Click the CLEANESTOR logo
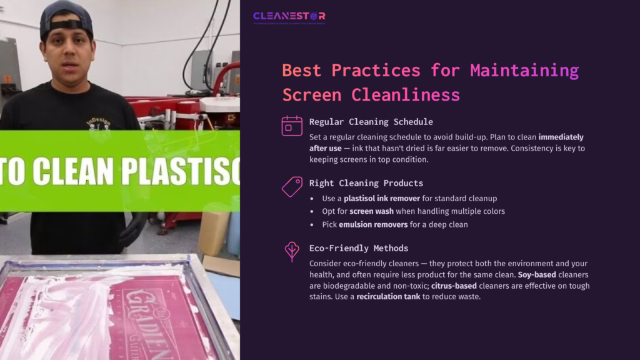coord(289,17)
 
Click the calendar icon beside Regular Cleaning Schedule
coord(291,126)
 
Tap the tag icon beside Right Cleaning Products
coord(291,186)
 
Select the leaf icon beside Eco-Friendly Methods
coord(291,251)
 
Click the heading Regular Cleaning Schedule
coord(371,122)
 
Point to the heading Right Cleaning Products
coord(366,183)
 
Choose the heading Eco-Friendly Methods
coord(358,248)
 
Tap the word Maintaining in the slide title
coord(524,70)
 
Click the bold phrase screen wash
coord(371,211)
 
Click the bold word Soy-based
coord(537,274)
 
